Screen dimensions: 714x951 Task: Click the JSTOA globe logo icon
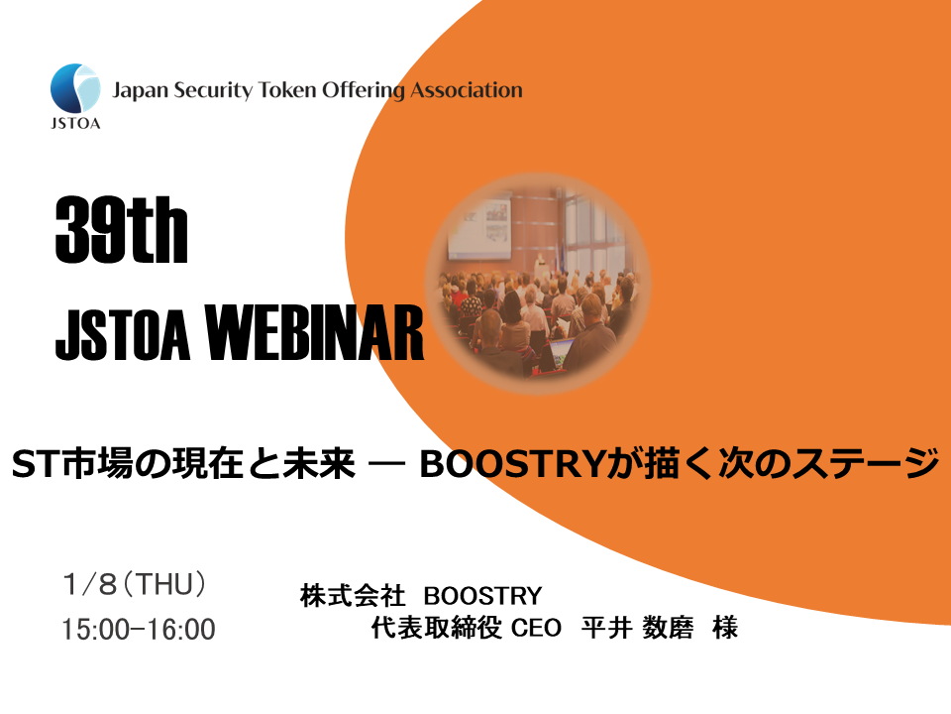pos(75,88)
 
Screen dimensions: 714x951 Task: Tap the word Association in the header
pos(467,91)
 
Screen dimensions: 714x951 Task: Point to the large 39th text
pos(121,231)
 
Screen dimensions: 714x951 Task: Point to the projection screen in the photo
pos(479,225)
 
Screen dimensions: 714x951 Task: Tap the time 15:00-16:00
pos(138,630)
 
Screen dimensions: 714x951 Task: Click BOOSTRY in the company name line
pos(482,596)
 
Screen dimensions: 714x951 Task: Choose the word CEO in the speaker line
pos(536,628)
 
